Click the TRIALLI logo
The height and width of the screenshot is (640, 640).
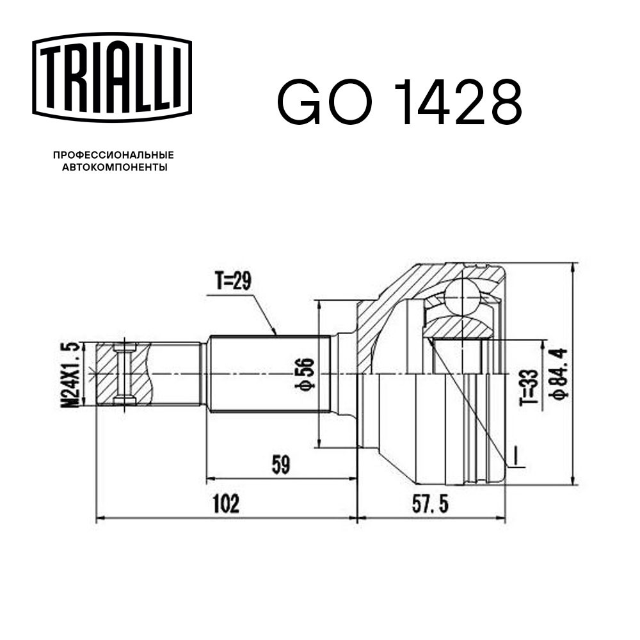click(112, 78)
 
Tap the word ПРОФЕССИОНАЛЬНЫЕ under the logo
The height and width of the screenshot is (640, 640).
click(113, 155)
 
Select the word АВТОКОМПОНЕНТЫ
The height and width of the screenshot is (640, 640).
click(115, 167)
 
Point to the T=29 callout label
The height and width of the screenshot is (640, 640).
click(233, 281)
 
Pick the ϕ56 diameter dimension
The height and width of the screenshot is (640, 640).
click(305, 374)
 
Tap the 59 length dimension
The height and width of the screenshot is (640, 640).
click(281, 465)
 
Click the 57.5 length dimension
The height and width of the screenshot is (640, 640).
click(430, 504)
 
